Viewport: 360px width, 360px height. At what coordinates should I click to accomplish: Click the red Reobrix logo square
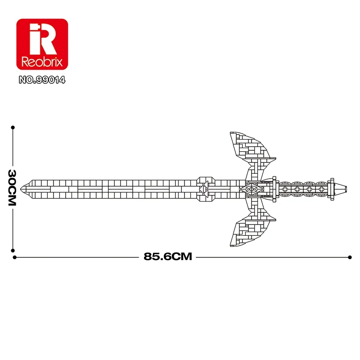41,44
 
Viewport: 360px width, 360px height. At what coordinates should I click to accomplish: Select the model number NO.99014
41,81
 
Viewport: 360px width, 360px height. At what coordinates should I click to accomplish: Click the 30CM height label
12,188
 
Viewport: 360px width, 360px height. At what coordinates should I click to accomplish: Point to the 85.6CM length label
168,257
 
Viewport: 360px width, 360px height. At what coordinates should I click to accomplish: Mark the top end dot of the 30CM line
13,127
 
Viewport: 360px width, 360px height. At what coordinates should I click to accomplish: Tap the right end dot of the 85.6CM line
350,257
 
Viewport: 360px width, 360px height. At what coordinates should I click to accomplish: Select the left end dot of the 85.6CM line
15,257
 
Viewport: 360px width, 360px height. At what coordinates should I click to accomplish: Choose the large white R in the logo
44,39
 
